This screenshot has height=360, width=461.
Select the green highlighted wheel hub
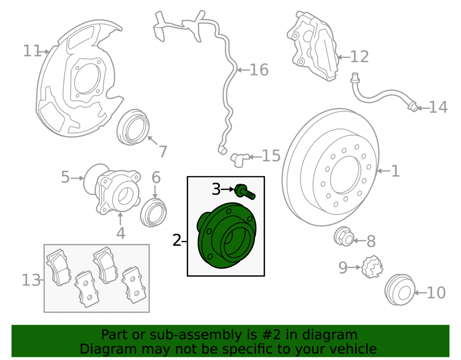[x=226, y=235]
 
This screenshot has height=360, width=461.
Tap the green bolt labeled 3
[x=245, y=192]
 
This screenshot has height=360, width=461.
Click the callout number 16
[x=259, y=70]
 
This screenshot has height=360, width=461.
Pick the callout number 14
[x=438, y=107]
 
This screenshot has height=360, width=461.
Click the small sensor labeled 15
[x=240, y=159]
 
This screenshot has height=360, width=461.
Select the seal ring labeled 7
[x=133, y=127]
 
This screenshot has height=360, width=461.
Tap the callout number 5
[x=65, y=177]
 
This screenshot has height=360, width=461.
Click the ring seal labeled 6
[x=153, y=212]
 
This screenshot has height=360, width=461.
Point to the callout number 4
[x=121, y=233]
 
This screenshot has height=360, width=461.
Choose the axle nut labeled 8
[x=343, y=236]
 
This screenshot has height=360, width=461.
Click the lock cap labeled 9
[x=372, y=267]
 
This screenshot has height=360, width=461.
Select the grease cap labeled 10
[x=400, y=290]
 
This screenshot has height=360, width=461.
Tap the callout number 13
[x=31, y=280]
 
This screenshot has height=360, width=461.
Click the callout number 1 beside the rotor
[x=396, y=171]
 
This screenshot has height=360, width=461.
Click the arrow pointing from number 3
[x=228, y=189]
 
